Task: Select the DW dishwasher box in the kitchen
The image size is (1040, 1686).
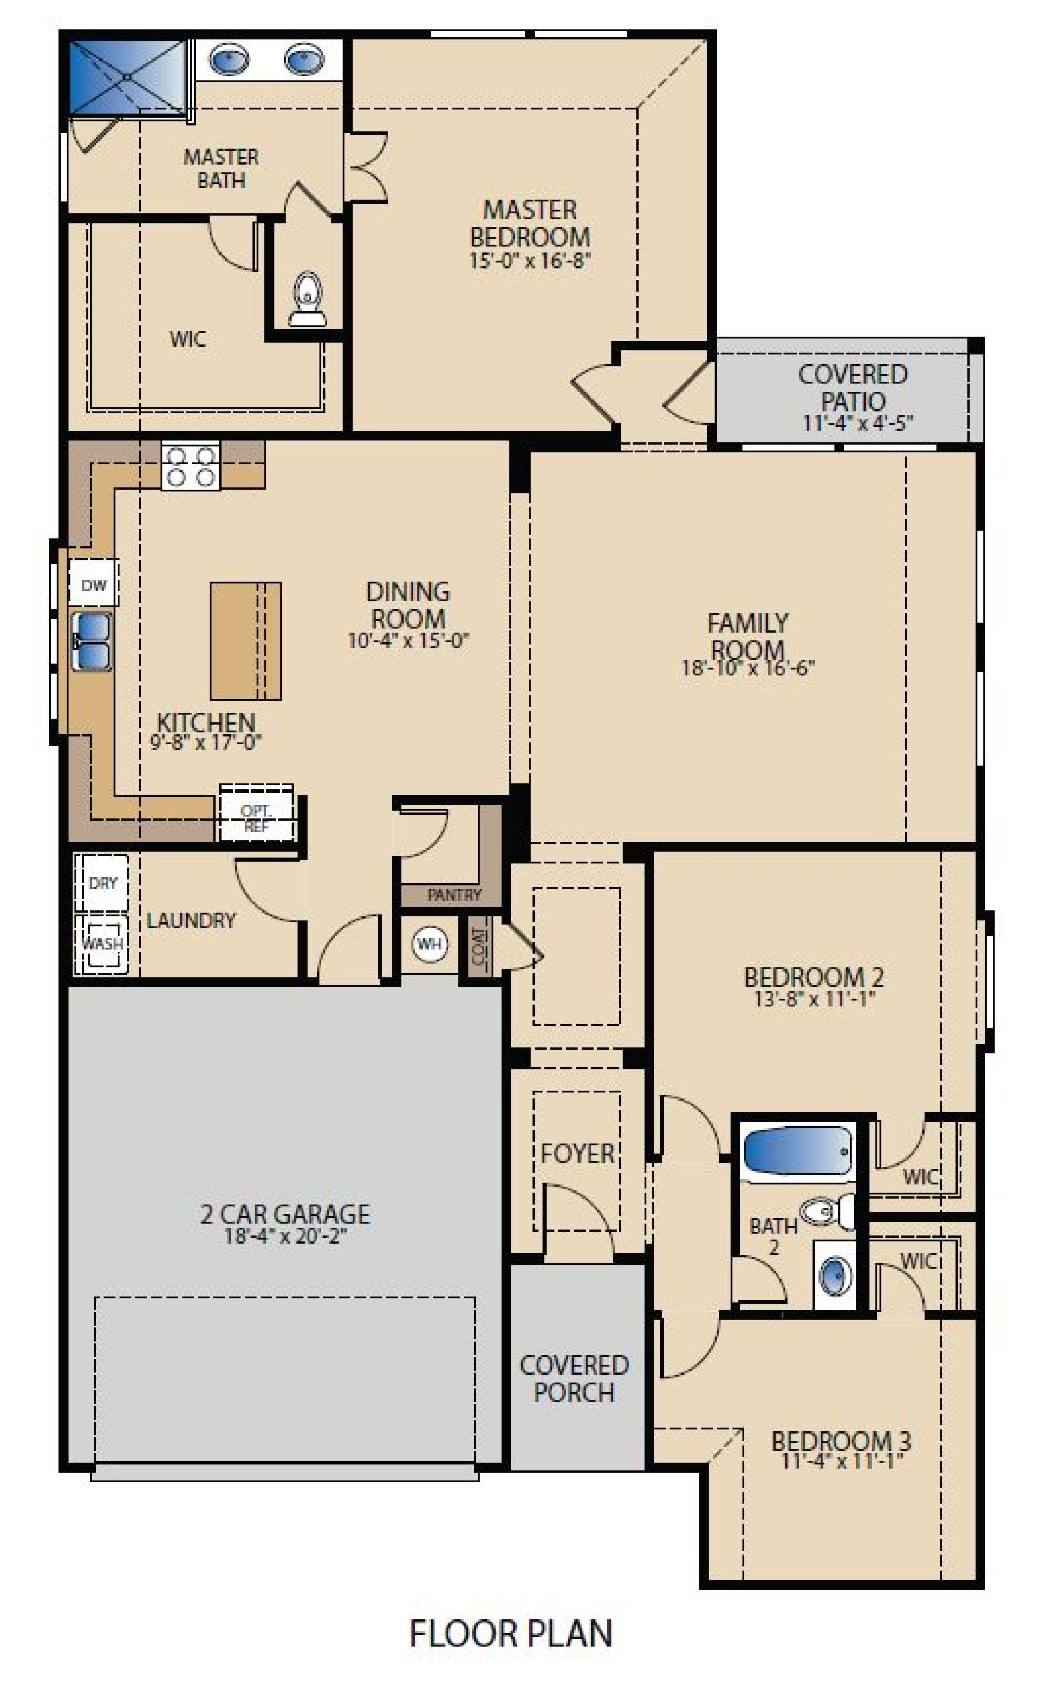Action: pyautogui.click(x=94, y=585)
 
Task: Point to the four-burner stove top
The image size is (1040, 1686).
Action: pyautogui.click(x=191, y=467)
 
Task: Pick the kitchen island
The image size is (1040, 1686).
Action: pyautogui.click(x=245, y=641)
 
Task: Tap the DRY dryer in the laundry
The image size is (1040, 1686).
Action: pyautogui.click(x=102, y=883)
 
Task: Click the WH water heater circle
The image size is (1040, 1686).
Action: pyautogui.click(x=429, y=943)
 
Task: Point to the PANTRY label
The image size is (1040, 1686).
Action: pyautogui.click(x=454, y=895)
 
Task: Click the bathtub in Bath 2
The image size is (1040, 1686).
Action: pyautogui.click(x=798, y=1151)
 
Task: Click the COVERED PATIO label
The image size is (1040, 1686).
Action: pyautogui.click(x=853, y=387)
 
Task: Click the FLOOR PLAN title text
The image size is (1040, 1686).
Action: pyautogui.click(x=510, y=1634)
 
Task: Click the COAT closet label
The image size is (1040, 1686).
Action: pyautogui.click(x=479, y=946)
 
